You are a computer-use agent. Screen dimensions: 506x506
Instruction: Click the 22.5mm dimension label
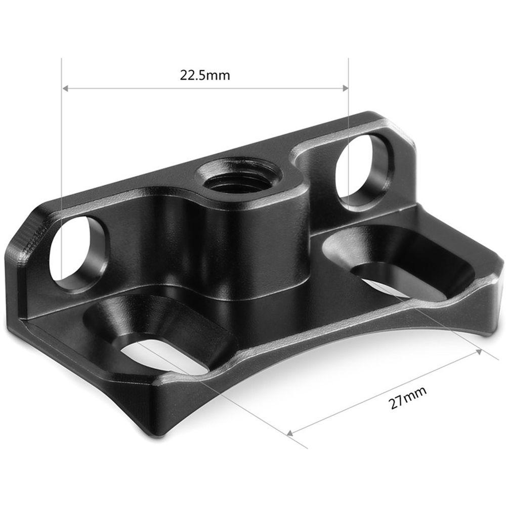point(204,75)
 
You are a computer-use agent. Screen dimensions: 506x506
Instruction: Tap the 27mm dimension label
point(408,397)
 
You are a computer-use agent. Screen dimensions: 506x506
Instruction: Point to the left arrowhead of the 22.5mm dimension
point(65,88)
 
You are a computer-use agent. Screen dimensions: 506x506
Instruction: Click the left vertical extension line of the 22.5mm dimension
point(61,152)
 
